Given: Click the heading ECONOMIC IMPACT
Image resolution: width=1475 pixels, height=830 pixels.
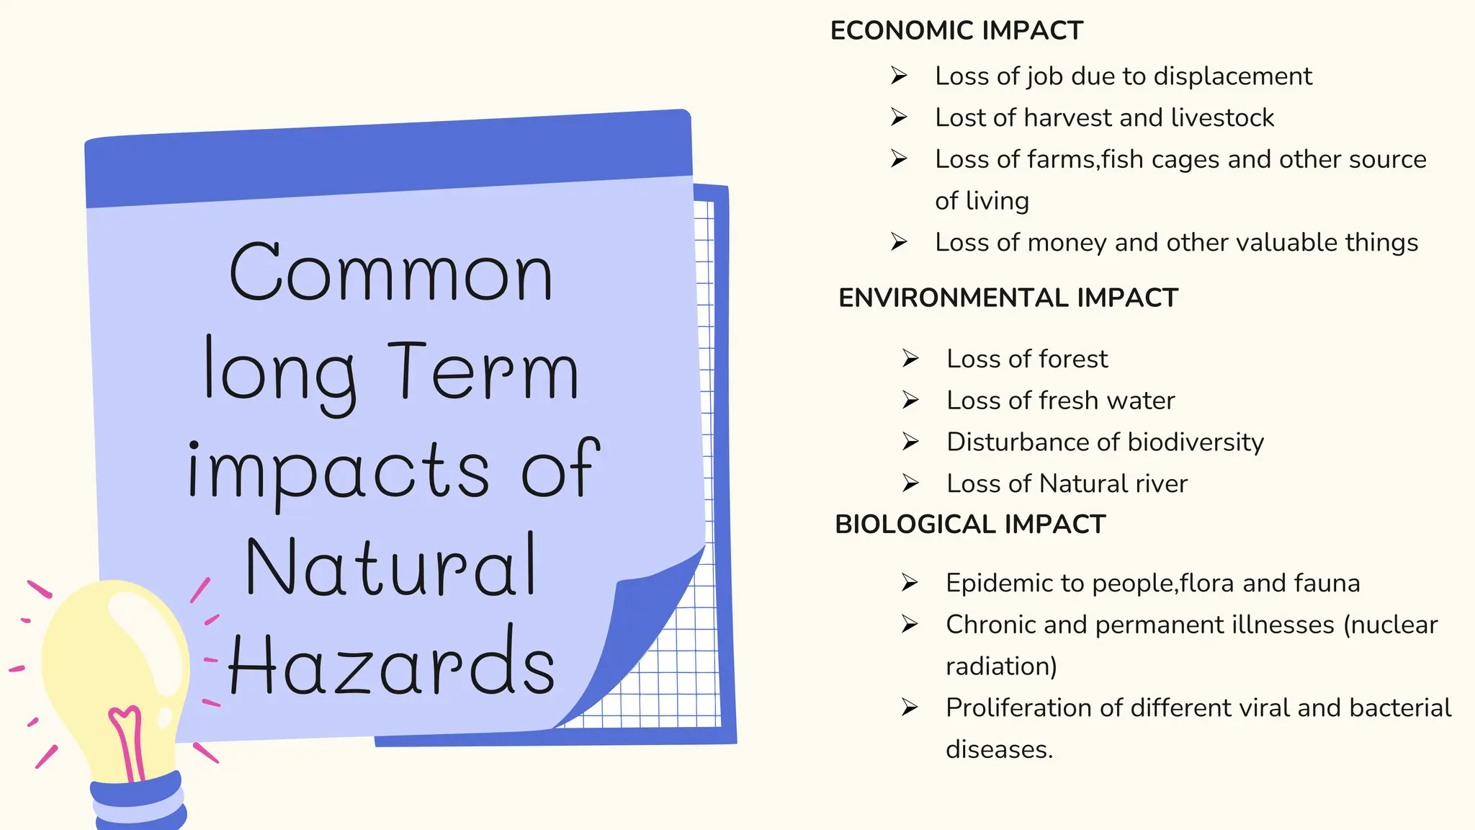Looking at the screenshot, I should tap(956, 31).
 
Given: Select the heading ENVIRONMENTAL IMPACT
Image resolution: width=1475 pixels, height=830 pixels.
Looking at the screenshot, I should tap(1008, 298).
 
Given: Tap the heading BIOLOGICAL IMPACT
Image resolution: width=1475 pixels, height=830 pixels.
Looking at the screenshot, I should tap(969, 525).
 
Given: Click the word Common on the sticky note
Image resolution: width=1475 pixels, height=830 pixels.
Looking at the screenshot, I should tap(391, 274).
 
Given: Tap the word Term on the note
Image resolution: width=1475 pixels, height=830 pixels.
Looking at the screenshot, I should tap(483, 372).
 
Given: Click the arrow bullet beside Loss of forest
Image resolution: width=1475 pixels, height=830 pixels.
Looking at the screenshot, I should tap(910, 358).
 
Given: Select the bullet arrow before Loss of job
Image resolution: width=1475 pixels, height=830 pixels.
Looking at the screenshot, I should tap(899, 75).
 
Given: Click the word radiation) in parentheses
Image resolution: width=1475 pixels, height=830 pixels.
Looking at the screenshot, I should tap(1000, 666).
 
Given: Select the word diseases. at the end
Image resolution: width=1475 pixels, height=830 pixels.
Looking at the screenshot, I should tap(999, 750).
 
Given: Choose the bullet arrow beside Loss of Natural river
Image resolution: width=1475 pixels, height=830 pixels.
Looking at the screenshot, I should tap(910, 483).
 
